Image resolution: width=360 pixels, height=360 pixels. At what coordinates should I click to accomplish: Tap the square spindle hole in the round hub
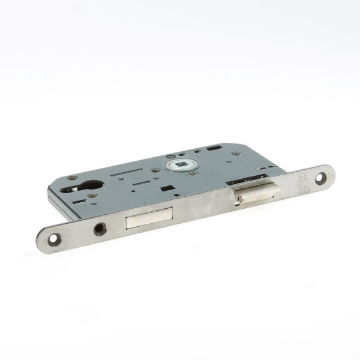tap(179, 164)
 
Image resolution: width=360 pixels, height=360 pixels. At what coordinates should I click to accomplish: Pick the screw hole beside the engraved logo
tap(321, 177)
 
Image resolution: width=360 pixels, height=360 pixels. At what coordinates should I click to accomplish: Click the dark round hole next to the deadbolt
tap(100, 229)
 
